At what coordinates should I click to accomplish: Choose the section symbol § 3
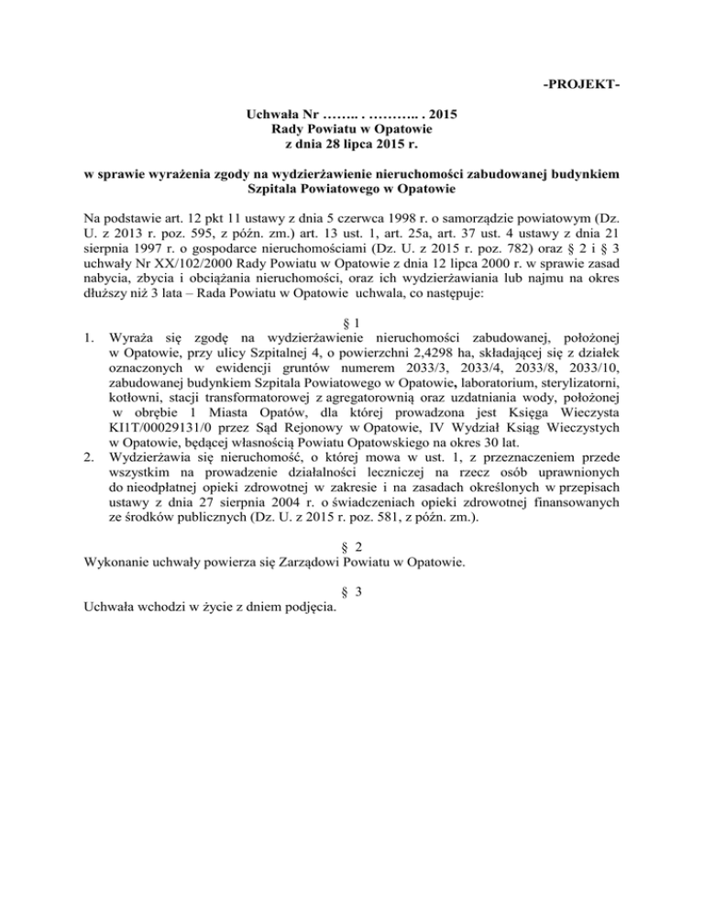[352, 591]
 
